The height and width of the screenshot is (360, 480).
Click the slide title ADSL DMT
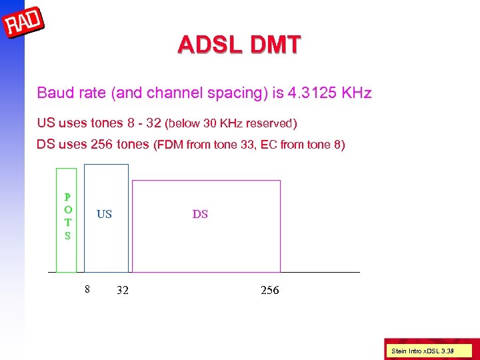click(x=239, y=45)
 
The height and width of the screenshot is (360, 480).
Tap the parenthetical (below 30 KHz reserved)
click(x=231, y=123)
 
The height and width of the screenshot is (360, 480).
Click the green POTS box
click(x=66, y=220)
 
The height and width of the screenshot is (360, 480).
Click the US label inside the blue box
click(x=104, y=214)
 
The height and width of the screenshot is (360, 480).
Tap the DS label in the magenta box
click(x=200, y=214)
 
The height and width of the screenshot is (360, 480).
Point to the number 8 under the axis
click(x=87, y=289)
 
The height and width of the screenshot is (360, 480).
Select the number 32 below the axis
click(x=123, y=291)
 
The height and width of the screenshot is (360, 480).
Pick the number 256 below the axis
click(x=269, y=291)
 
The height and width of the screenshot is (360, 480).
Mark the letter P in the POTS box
click(x=67, y=197)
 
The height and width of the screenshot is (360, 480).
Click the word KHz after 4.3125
click(x=356, y=92)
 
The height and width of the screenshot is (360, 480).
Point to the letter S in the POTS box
click(x=67, y=235)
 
